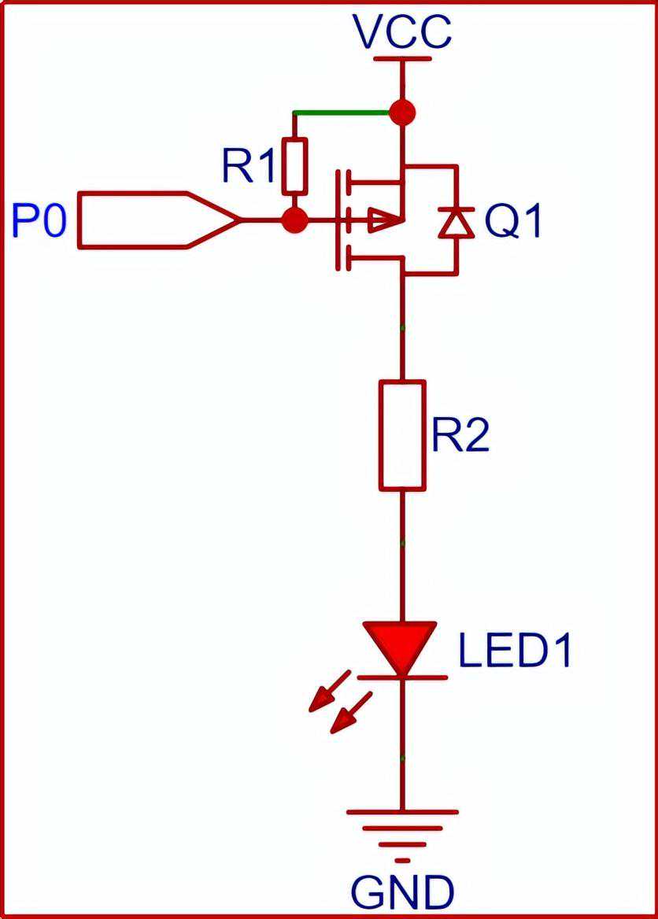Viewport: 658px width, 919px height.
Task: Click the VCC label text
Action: (x=402, y=32)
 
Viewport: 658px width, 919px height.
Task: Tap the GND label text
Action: (x=402, y=893)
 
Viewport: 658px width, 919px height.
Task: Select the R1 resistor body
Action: (x=294, y=166)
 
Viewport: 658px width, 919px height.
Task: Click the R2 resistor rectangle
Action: (x=402, y=435)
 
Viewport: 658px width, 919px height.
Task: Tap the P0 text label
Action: (x=40, y=221)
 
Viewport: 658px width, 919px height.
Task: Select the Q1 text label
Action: (x=513, y=223)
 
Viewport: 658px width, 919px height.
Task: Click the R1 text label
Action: (x=248, y=166)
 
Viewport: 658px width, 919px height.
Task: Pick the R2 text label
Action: (x=460, y=435)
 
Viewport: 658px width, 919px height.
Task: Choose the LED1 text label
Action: (x=515, y=651)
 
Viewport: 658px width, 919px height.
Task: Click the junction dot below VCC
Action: (x=402, y=112)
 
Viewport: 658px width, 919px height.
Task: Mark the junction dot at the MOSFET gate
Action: (x=294, y=220)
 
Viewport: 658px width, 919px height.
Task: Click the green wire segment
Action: (x=342, y=113)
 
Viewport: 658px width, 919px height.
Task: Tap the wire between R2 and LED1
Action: (x=402, y=555)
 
